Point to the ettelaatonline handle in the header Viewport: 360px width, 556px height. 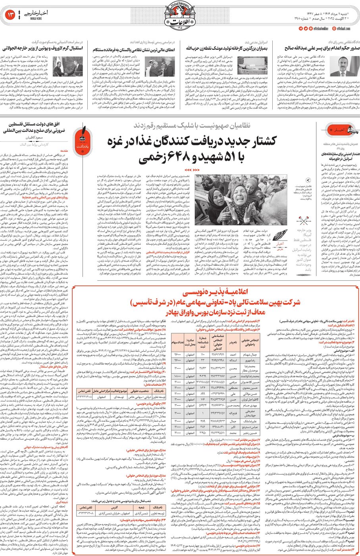click(x=320, y=29)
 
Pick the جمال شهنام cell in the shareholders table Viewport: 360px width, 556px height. click(x=261, y=354)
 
